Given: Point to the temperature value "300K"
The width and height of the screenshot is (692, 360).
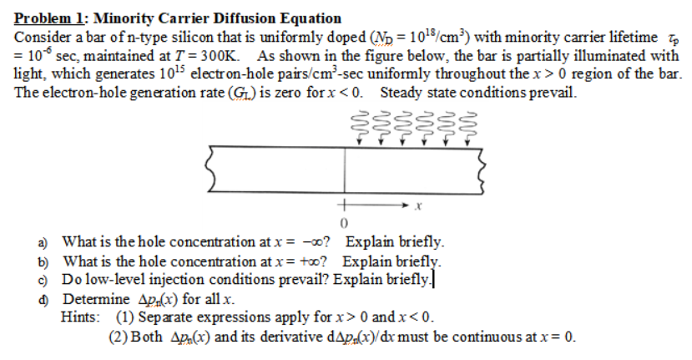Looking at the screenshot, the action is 219,56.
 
